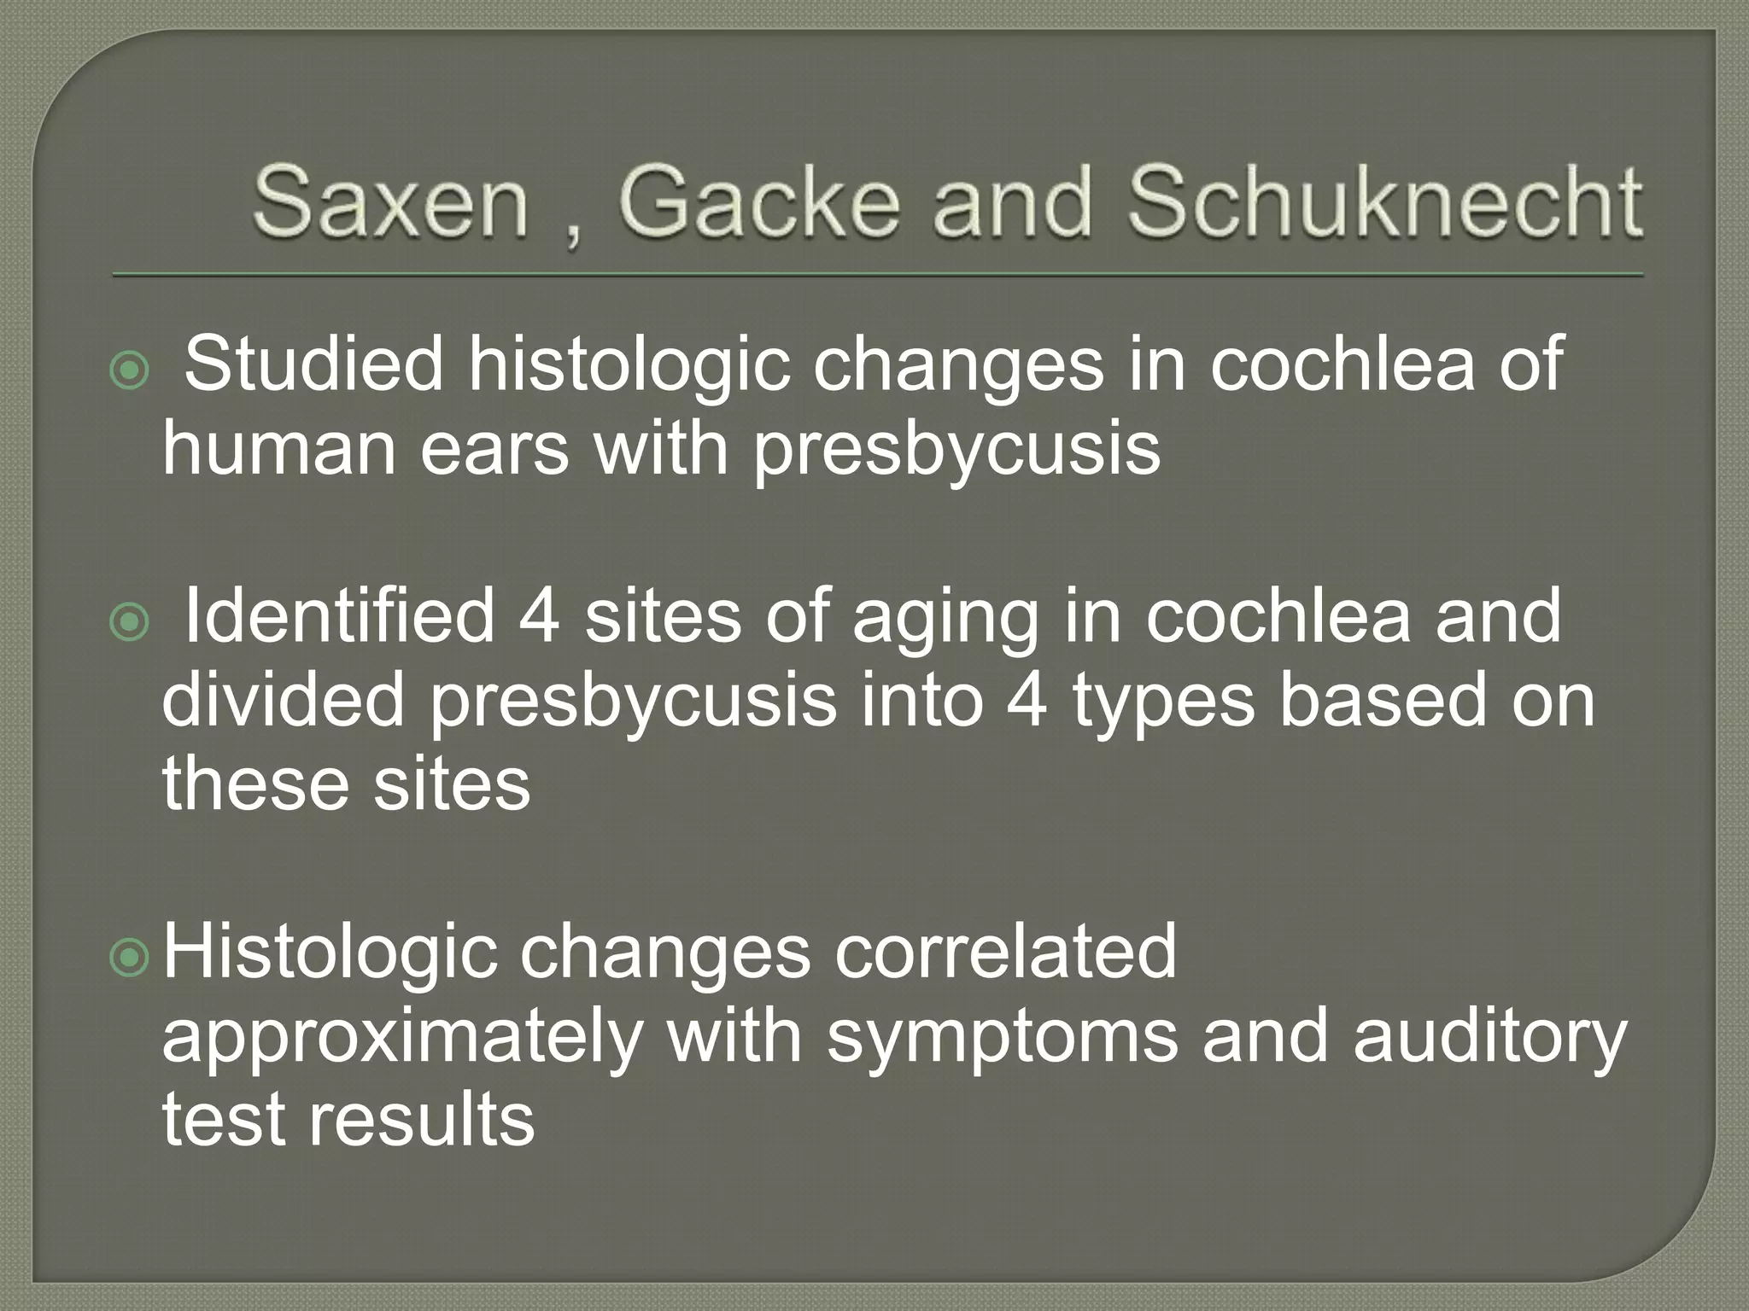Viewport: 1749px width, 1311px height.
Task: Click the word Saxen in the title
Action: [x=389, y=202]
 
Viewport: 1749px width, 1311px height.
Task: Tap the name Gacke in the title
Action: [x=758, y=202]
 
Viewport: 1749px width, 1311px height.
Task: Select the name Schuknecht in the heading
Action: [x=1383, y=202]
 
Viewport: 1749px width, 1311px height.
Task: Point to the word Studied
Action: [x=313, y=364]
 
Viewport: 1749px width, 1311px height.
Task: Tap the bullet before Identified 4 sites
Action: [x=130, y=623]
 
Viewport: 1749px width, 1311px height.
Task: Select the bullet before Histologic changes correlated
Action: [x=130, y=959]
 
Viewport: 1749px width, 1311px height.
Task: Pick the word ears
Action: [x=494, y=450]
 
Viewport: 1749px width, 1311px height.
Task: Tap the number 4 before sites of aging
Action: [x=540, y=616]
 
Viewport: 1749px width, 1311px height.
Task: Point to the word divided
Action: [x=283, y=700]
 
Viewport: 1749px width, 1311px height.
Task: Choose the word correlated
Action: [x=1005, y=953]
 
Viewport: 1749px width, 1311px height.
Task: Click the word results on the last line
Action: [x=421, y=1120]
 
